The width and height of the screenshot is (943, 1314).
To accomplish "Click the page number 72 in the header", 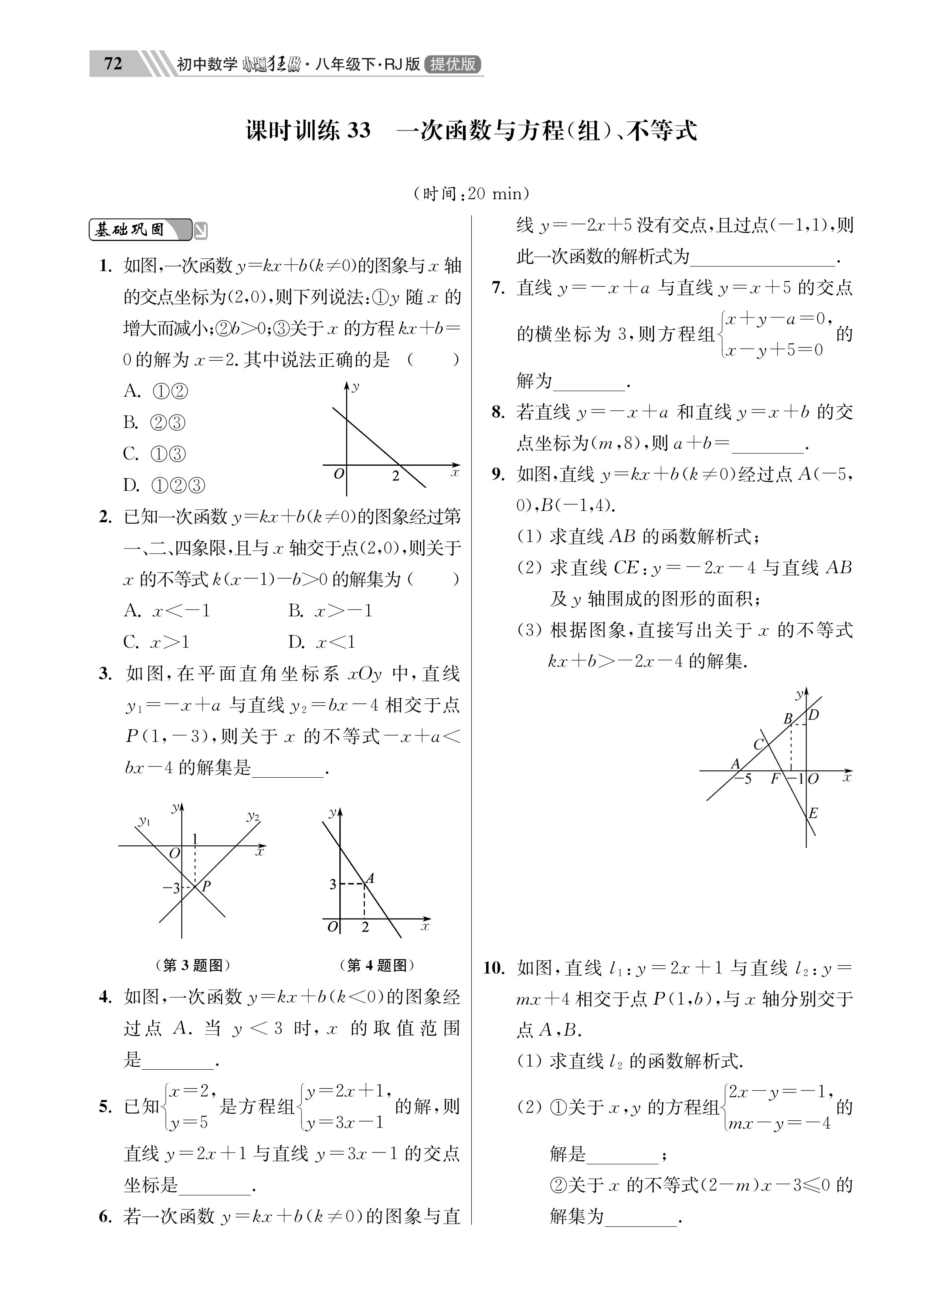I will coord(113,63).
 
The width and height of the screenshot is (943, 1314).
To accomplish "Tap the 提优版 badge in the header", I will coord(453,64).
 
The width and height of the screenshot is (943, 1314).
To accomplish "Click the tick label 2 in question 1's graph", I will coord(395,476).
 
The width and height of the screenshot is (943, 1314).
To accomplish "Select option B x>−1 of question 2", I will coord(330,611).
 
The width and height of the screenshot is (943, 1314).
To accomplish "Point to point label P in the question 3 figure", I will coord(206,885).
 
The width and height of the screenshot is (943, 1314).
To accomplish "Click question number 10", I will coord(494,968).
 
